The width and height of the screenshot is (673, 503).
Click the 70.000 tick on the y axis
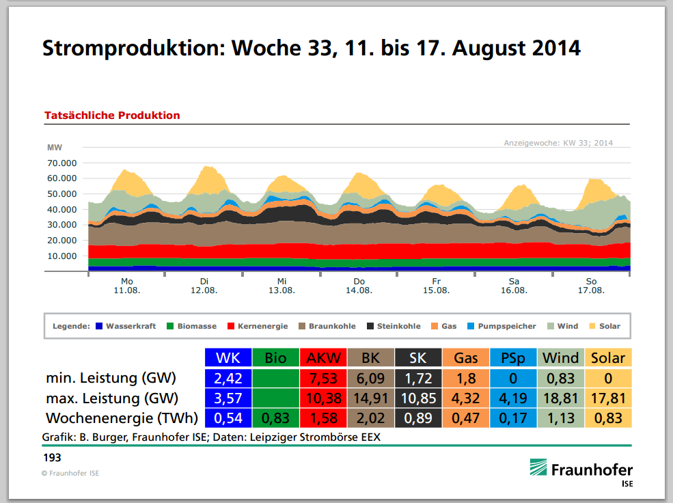click(x=61, y=163)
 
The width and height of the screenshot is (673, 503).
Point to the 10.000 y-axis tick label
click(x=61, y=256)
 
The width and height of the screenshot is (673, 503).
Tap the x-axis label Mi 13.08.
click(x=281, y=286)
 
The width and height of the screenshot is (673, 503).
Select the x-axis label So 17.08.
click(x=592, y=286)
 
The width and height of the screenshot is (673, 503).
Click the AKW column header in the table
click(x=323, y=357)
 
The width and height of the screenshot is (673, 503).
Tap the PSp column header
click(x=513, y=357)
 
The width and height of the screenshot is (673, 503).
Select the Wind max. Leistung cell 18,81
click(x=560, y=398)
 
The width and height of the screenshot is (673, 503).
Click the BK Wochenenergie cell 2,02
click(x=370, y=418)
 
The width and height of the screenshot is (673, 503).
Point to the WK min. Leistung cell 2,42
click(x=228, y=378)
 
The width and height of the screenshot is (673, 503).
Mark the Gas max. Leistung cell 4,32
click(x=466, y=398)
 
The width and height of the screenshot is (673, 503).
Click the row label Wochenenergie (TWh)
click(x=122, y=418)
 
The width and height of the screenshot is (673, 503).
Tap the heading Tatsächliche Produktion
click(x=112, y=115)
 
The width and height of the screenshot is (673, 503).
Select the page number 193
click(x=52, y=456)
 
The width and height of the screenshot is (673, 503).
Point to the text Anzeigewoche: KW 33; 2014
click(x=558, y=143)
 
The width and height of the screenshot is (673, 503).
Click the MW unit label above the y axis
click(x=54, y=148)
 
